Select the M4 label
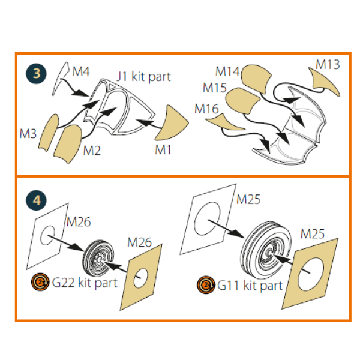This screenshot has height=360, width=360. [81, 72]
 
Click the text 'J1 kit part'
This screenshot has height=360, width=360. [143, 76]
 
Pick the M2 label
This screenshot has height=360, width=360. [91, 149]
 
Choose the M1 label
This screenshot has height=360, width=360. [163, 149]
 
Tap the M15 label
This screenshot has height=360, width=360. [214, 88]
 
